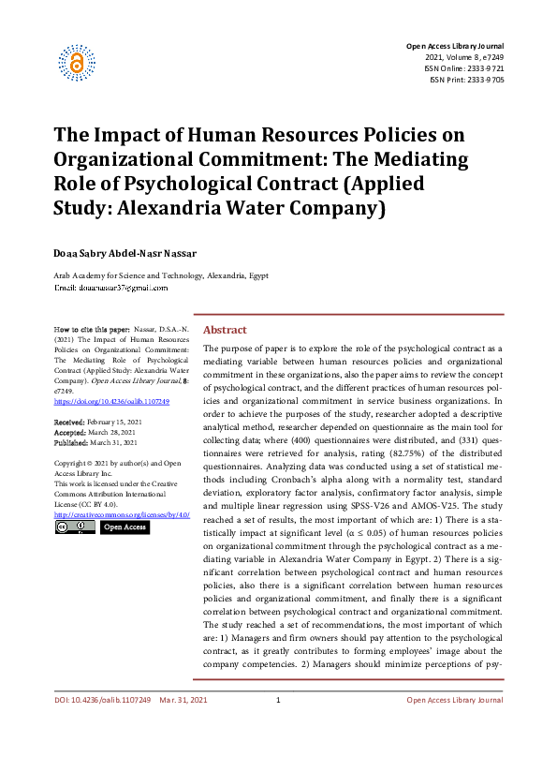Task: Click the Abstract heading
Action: point(225,330)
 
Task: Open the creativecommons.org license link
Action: point(122,515)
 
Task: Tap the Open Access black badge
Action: point(124,527)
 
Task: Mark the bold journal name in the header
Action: point(454,46)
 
